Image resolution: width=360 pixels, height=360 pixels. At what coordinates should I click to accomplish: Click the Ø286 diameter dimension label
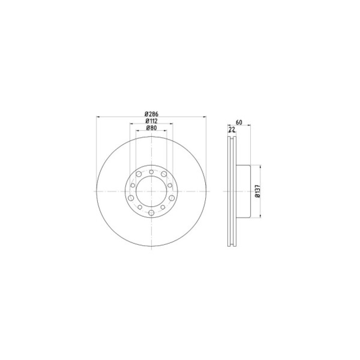coord(152,114)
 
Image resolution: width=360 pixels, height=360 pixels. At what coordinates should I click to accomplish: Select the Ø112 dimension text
coord(152,121)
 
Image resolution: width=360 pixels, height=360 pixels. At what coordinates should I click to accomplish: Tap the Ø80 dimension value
coord(152,128)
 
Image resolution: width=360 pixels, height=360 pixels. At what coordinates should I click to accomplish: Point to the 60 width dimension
coord(239,122)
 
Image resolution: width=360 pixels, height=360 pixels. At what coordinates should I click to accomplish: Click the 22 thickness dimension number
coord(232,130)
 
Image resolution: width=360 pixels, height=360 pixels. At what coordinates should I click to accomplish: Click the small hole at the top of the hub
coord(151,172)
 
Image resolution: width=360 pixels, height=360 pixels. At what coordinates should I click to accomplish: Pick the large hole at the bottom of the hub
coord(151,213)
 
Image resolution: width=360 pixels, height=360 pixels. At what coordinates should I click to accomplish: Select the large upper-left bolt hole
coord(139,174)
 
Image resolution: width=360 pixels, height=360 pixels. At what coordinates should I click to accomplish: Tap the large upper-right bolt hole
coord(164,174)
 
